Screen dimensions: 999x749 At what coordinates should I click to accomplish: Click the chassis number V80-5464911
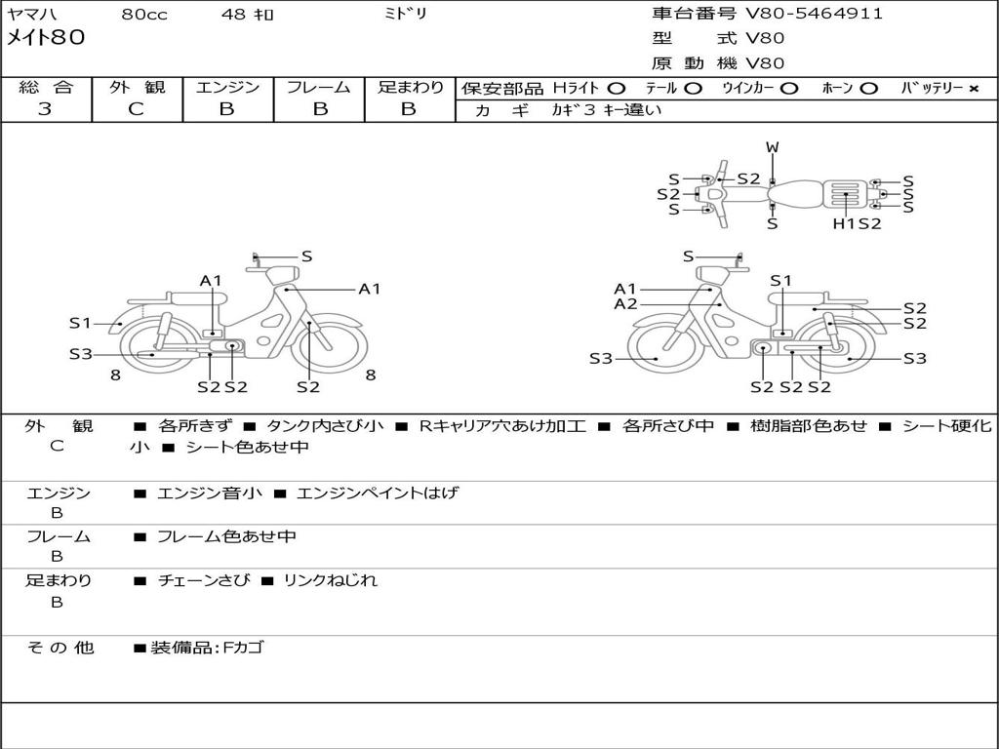click(814, 14)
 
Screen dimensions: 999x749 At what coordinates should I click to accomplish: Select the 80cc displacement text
click(142, 15)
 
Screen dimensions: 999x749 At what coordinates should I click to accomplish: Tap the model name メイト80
click(46, 38)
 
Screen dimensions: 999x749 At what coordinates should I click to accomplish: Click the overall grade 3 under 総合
click(45, 109)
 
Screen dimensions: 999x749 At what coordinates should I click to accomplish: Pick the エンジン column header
click(227, 87)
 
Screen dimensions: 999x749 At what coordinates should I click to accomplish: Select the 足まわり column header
click(411, 87)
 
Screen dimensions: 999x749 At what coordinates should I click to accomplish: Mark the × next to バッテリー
click(973, 88)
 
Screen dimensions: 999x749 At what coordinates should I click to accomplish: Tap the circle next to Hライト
click(617, 88)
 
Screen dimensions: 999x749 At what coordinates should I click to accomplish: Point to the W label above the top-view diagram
click(772, 147)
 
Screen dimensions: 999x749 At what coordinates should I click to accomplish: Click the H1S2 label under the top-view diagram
click(857, 223)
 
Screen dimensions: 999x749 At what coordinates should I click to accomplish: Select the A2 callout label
click(625, 304)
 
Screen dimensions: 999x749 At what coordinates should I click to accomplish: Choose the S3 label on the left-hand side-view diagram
click(80, 354)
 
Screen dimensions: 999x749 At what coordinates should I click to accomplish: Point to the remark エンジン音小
click(210, 493)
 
